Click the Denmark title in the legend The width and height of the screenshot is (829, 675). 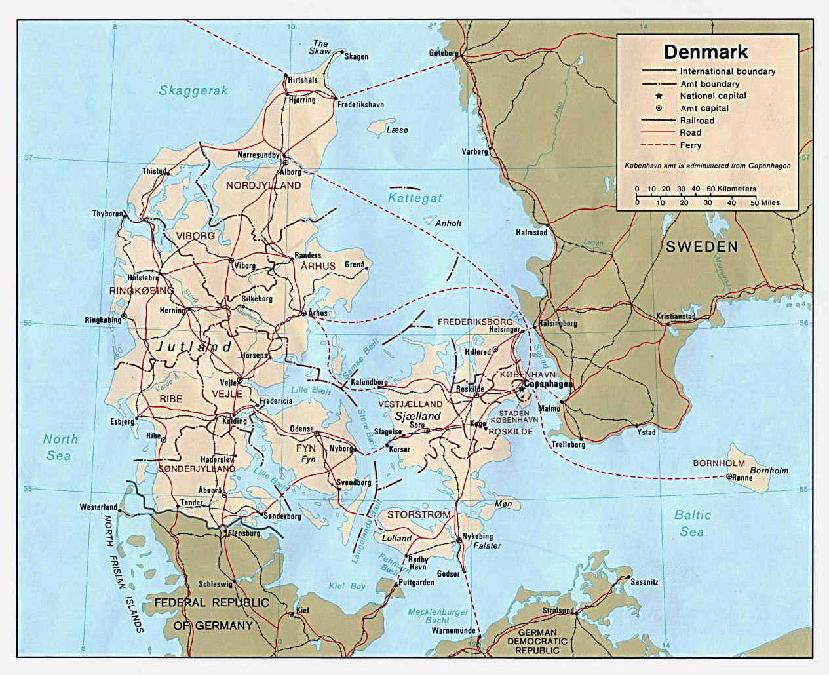point(706,52)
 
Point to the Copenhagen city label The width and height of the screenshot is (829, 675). point(548,384)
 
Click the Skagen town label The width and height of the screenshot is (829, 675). point(356,57)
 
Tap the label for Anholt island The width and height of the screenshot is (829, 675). point(448,223)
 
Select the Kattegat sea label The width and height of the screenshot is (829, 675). point(414,197)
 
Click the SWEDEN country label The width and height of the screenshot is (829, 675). point(702,247)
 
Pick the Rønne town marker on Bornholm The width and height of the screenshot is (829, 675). point(729,477)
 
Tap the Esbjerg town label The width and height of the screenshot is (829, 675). point(122,422)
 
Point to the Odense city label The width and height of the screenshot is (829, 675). point(301,429)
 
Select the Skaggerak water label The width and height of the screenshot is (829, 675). point(193,90)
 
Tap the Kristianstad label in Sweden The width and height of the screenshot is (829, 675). point(676,317)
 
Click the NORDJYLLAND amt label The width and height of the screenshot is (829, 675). point(263,185)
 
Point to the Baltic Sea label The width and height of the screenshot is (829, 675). point(692,523)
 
